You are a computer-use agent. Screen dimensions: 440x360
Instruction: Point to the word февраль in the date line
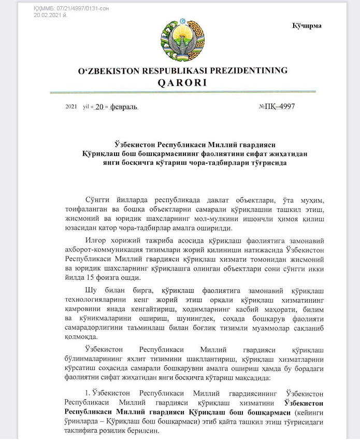124,107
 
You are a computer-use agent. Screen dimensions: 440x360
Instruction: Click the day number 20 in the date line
99,107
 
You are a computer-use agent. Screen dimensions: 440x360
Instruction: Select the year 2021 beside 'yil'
71,107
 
